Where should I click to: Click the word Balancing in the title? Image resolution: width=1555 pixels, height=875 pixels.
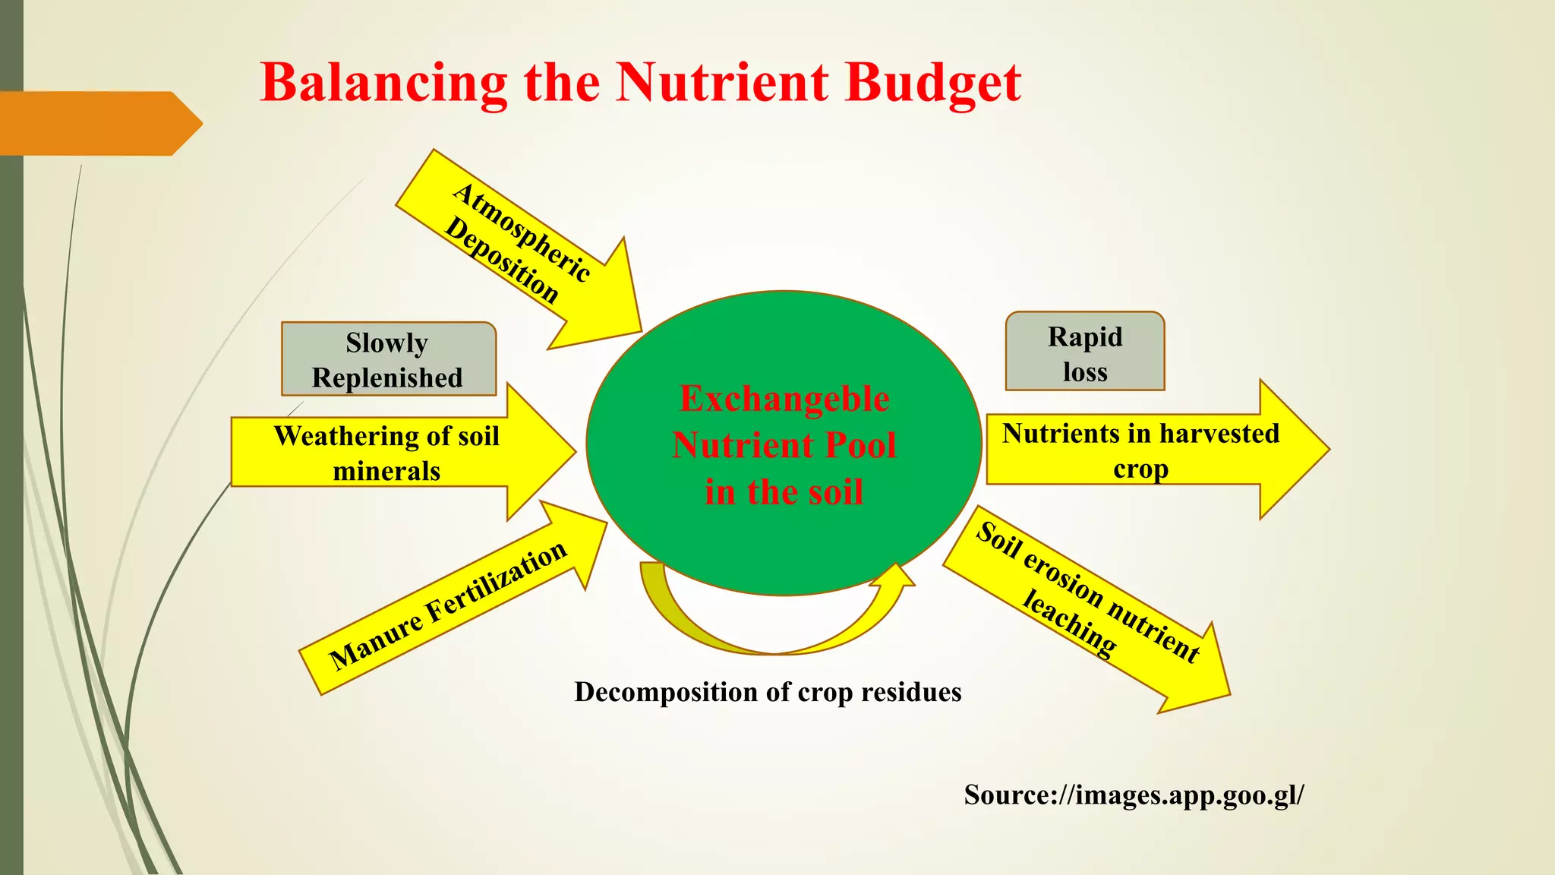coord(383,84)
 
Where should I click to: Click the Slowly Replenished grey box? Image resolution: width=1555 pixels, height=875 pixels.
coord(388,359)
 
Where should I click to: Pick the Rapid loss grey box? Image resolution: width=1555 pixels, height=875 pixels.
coord(1084,352)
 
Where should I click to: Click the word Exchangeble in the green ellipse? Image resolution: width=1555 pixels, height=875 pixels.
coord(784,399)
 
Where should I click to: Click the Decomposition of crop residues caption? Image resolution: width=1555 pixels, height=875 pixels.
coord(768,692)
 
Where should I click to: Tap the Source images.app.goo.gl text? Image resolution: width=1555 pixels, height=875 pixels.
coord(1134,794)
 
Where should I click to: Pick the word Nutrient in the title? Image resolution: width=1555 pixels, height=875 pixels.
coord(722,84)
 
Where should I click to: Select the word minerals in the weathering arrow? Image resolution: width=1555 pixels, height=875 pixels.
coord(386,471)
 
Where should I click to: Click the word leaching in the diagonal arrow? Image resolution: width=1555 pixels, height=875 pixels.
coord(1069,623)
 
